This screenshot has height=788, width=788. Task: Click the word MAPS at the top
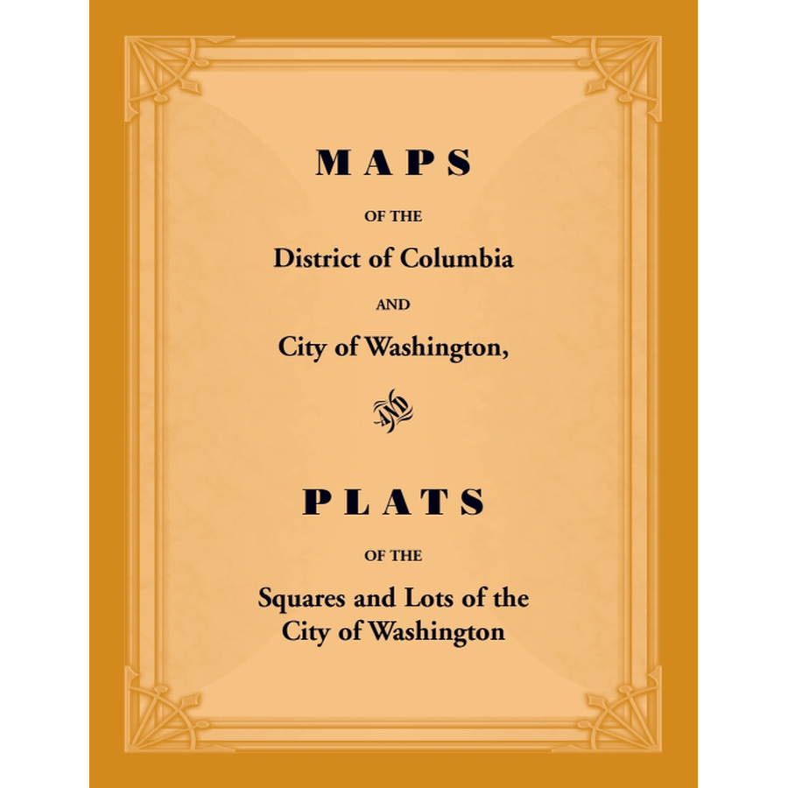[393, 163]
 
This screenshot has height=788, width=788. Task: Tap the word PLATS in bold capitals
[393, 503]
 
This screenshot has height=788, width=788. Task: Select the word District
[313, 259]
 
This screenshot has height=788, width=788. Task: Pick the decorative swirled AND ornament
[393, 410]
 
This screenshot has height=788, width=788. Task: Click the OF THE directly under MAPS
[393, 215]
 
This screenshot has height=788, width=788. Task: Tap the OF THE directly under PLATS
[393, 554]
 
